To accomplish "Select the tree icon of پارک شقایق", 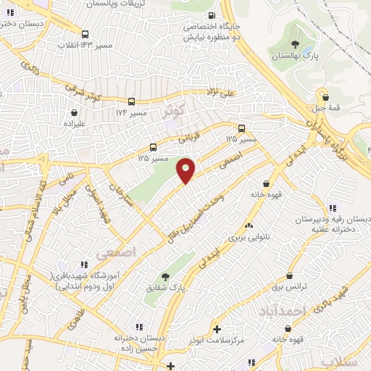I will click(166, 277).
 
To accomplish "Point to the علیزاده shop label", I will click(75, 124).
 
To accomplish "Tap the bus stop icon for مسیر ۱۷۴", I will click(132, 102).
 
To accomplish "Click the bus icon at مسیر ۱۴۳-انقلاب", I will click(86, 33).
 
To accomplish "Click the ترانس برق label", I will click(290, 287).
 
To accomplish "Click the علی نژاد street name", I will click(220, 92).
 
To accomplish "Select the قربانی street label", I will click(170, 134).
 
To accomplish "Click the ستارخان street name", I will click(118, 195).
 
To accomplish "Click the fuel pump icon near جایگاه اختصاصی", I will click(211, 16).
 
